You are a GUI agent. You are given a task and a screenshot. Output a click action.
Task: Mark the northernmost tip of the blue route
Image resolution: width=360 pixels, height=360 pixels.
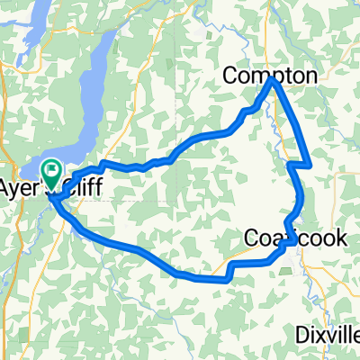point(272,80)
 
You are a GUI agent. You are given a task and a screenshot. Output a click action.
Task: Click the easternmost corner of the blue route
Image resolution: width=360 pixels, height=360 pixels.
point(310,166)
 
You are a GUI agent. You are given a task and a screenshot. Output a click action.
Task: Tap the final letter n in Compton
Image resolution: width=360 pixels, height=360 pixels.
point(310,76)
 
